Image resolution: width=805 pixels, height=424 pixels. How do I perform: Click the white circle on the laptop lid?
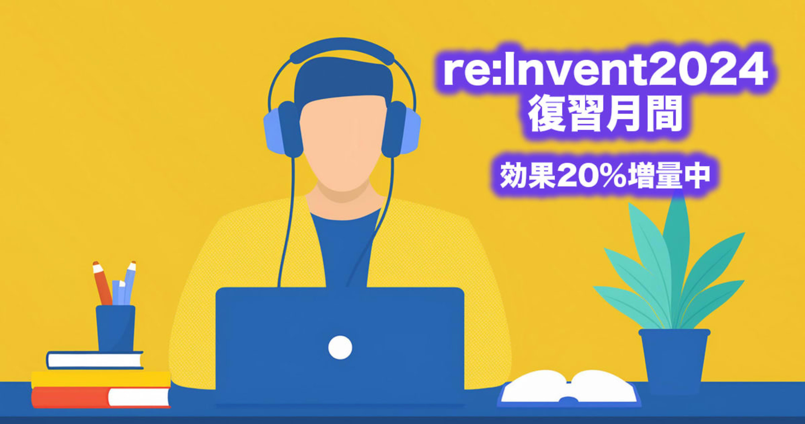pos(340,347)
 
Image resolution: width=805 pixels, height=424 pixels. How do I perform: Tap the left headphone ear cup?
pos(283,129)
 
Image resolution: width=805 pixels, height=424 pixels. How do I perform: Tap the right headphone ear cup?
pos(401,129)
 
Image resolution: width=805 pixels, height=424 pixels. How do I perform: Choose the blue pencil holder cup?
pos(116,328)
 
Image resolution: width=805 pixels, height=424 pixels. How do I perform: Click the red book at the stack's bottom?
pos(101,397)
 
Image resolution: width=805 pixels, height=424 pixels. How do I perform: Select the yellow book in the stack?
pos(101,380)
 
